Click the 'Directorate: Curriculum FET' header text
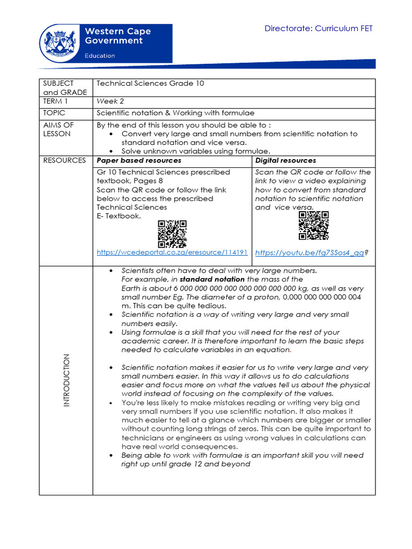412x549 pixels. (x=318, y=28)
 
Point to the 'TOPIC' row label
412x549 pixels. (x=54, y=113)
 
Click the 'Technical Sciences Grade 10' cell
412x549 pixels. (x=150, y=84)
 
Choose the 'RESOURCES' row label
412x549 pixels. (x=64, y=160)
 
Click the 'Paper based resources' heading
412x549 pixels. (x=138, y=160)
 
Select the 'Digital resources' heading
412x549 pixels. (x=285, y=160)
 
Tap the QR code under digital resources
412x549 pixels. (x=313, y=226)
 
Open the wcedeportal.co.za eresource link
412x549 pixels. (x=172, y=252)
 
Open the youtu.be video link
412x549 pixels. (x=310, y=253)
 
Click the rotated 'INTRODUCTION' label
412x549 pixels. (x=67, y=380)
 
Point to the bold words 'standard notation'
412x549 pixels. (x=212, y=279)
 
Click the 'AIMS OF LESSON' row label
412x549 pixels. (x=58, y=129)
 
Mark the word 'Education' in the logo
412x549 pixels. (x=100, y=55)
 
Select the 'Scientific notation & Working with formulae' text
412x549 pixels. (x=175, y=113)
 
